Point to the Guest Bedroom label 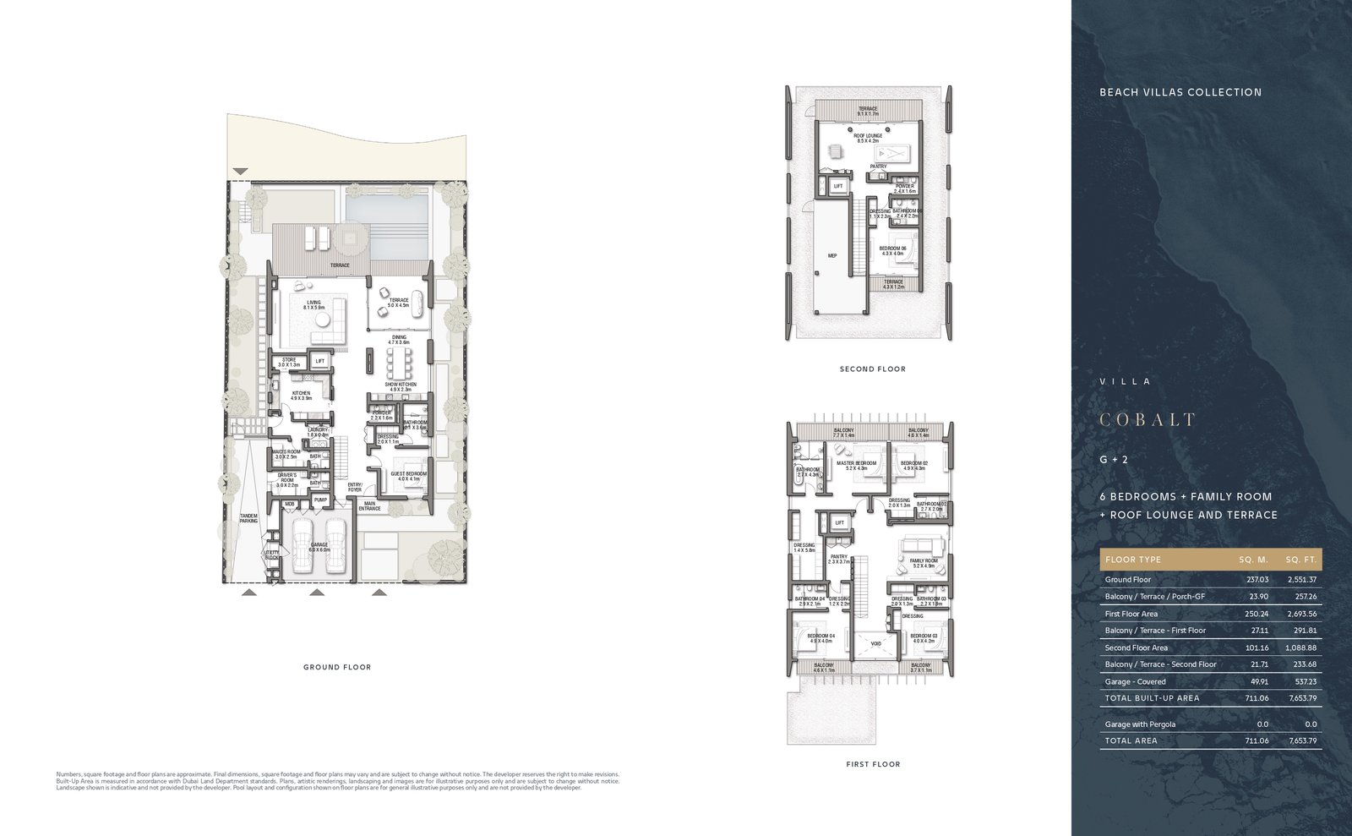click(x=408, y=476)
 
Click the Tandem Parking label click(x=248, y=518)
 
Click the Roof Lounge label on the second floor click(x=868, y=138)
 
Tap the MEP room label click(x=832, y=255)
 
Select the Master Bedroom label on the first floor click(x=856, y=465)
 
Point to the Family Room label click(x=923, y=563)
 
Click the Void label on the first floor click(x=875, y=644)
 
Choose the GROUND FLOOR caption click(x=337, y=667)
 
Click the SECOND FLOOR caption click(x=872, y=369)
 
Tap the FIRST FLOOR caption click(x=873, y=764)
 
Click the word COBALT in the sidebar click(x=1148, y=420)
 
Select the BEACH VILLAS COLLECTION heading click(x=1180, y=92)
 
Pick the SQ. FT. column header click(x=1300, y=560)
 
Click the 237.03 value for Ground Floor click(x=1257, y=580)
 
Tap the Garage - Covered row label click(x=1135, y=681)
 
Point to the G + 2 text click(x=1114, y=460)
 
